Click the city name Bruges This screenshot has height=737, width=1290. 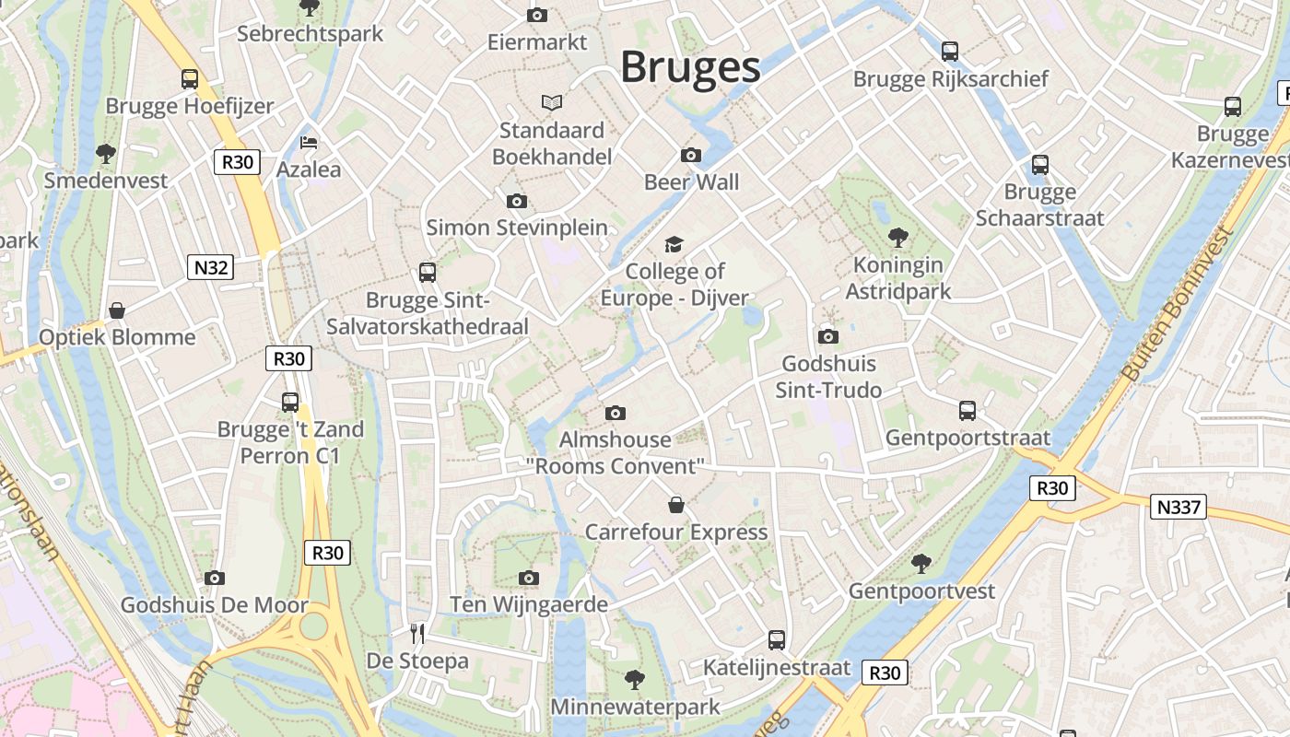690,67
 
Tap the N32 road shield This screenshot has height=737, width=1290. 210,267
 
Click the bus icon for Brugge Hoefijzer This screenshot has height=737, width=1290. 190,79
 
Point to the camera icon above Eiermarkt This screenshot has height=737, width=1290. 537,15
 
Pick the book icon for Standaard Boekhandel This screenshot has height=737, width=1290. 552,102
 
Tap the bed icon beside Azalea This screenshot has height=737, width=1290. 309,143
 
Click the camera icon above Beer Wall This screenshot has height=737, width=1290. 691,155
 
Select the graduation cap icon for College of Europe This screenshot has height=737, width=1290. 674,244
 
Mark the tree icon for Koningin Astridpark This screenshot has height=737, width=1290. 898,238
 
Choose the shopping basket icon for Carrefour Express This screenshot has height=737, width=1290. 676,505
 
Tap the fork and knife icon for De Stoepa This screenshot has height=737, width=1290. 417,633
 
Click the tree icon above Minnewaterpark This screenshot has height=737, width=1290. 635,680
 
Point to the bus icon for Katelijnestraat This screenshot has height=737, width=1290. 777,639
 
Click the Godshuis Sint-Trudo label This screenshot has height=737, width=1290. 828,377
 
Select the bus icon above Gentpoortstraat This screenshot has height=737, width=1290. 967,411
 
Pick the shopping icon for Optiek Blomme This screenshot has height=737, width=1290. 117,310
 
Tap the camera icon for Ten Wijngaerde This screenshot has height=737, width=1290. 528,578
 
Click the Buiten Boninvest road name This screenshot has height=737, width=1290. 1178,303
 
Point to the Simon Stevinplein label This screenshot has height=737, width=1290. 517,228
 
